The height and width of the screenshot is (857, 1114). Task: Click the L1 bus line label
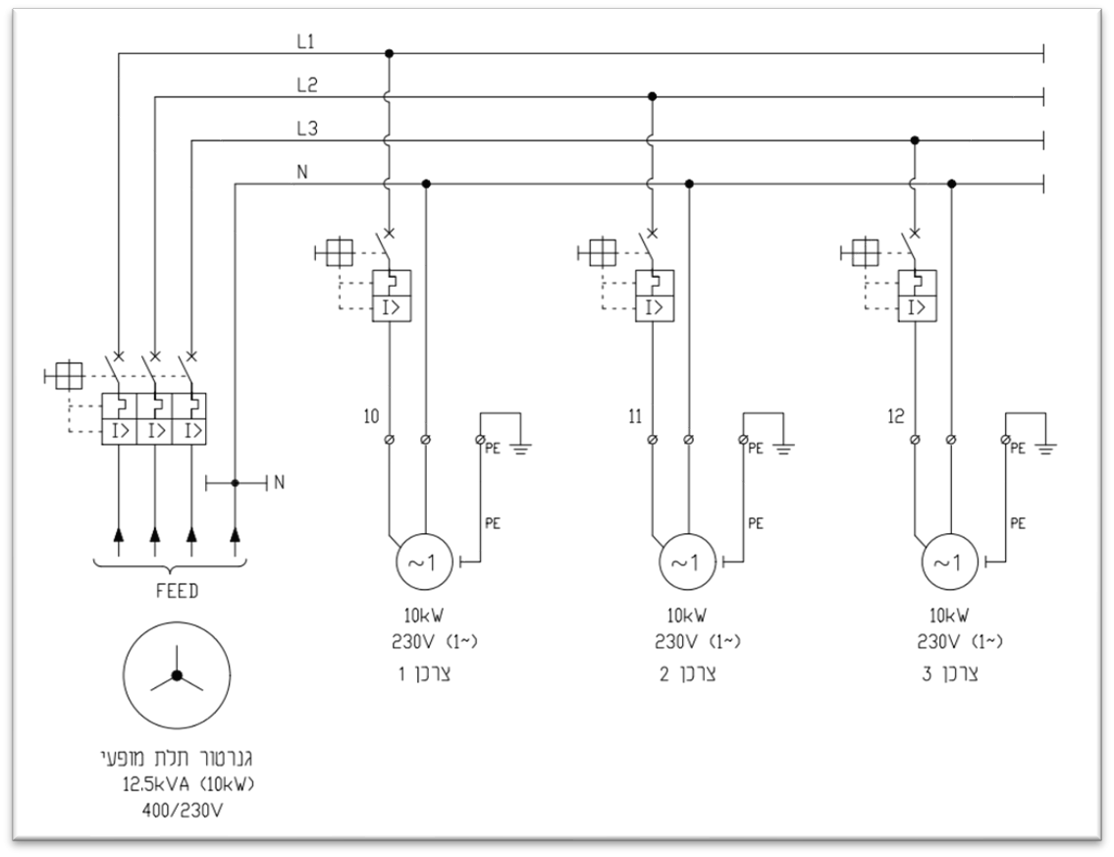(305, 42)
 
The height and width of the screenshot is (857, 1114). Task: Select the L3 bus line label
(307, 129)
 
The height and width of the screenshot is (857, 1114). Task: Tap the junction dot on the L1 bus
(388, 53)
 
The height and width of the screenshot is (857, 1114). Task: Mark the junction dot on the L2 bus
(652, 96)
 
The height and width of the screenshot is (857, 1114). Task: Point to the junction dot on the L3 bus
(915, 140)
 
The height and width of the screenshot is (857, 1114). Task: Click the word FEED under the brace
(177, 591)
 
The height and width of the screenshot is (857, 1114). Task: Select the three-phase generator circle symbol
(177, 675)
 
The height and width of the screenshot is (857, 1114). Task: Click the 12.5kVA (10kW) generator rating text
(188, 785)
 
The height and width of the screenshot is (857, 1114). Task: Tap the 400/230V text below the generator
(183, 809)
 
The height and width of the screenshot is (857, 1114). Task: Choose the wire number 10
(372, 415)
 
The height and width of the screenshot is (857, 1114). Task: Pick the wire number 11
(635, 415)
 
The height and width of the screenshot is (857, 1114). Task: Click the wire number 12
(896, 415)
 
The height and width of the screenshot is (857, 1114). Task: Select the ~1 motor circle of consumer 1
(423, 562)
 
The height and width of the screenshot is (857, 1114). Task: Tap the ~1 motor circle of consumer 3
(949, 562)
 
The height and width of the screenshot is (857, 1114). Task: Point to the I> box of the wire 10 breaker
(392, 307)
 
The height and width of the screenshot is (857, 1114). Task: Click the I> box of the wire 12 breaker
(917, 307)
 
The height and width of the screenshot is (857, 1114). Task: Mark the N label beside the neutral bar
(279, 483)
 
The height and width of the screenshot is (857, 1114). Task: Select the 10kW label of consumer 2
(686, 615)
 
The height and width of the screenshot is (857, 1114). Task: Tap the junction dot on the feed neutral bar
(236, 483)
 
